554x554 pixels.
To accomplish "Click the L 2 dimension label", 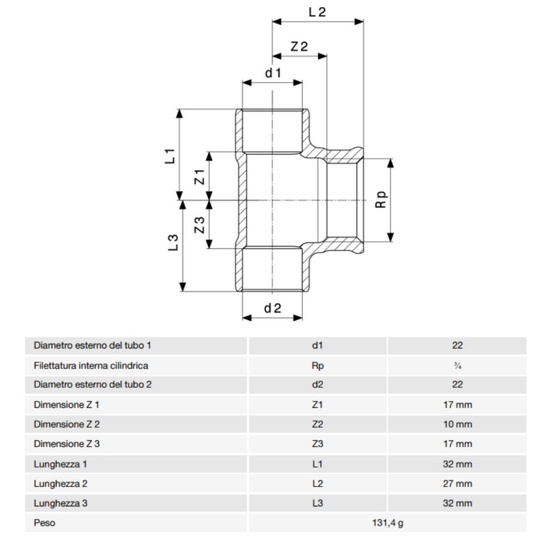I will click(x=316, y=12).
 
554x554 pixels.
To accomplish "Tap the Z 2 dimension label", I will click(x=299, y=46).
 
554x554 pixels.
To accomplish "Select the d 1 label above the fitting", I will click(x=272, y=73).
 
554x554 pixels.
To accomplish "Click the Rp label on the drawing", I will click(x=381, y=199).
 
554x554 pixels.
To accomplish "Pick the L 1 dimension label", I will click(x=171, y=156).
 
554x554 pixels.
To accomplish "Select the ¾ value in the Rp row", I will click(x=457, y=366).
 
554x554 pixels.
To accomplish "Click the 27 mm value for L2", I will click(x=457, y=484).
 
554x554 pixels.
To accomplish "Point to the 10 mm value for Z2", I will click(x=457, y=424).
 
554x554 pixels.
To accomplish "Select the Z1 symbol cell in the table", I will click(x=317, y=405).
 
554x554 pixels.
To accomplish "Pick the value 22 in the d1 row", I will click(x=457, y=345).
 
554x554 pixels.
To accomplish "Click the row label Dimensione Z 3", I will click(x=66, y=444).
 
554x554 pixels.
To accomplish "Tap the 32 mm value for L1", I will click(x=457, y=464).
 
